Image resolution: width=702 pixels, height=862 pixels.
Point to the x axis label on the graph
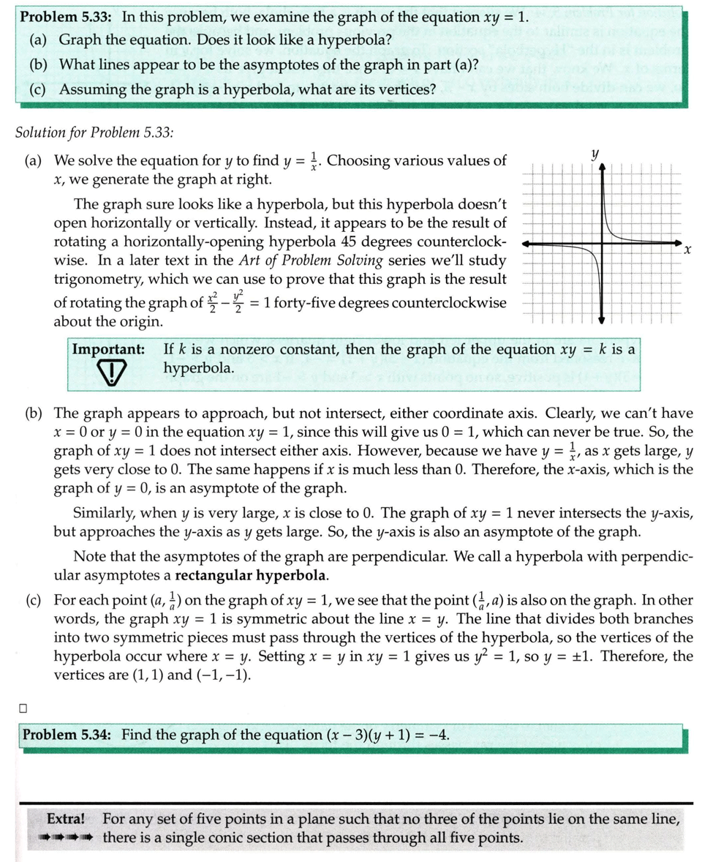coord(688,250)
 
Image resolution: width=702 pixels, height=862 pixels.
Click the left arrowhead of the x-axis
coord(528,244)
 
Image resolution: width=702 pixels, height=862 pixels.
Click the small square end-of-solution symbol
coord(23,708)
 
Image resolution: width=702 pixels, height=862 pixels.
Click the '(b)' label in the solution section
coord(34,413)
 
